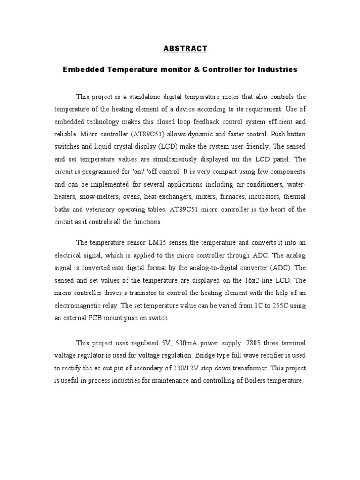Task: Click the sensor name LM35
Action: coord(157,243)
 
